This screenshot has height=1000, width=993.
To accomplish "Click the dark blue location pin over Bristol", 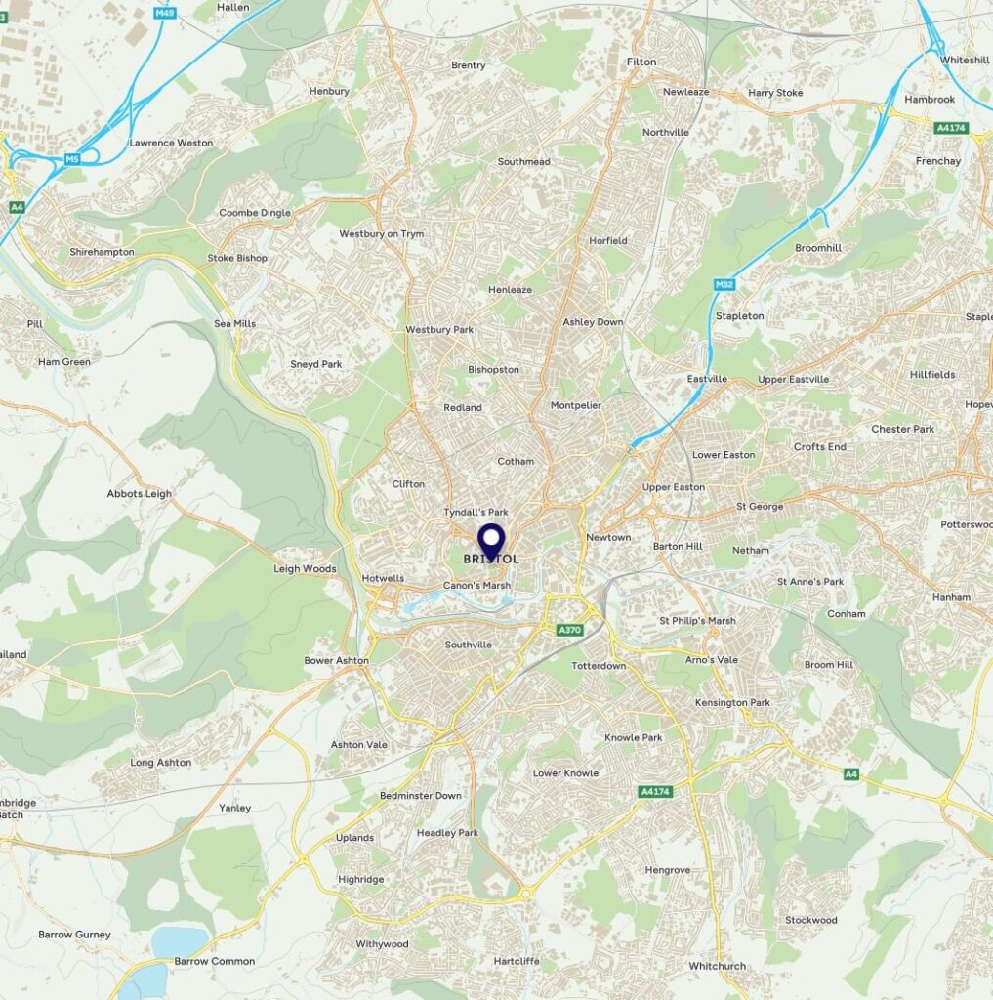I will (490, 540).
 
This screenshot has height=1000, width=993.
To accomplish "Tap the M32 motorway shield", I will (724, 284).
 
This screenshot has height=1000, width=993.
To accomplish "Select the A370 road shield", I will (570, 630).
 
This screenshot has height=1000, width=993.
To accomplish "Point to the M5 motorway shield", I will (72, 158).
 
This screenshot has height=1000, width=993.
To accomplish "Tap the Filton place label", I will (641, 62).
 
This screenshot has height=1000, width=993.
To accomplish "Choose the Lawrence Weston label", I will (171, 143).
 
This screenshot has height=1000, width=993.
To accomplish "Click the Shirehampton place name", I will (102, 252).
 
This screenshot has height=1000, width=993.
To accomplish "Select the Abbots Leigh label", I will (139, 494).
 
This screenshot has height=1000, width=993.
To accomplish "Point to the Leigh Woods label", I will (305, 569).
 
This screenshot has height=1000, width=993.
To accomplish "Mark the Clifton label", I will (408, 484).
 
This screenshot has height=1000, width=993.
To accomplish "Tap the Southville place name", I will (468, 645).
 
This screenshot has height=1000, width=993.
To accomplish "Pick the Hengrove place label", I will (668, 870).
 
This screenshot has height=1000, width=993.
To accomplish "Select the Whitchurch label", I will (717, 966).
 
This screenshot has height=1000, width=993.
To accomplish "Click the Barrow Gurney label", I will (74, 935).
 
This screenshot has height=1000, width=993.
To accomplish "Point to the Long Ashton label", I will (161, 763).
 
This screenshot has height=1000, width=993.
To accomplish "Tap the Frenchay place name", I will (938, 161).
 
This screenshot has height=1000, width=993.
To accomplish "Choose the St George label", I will (760, 507).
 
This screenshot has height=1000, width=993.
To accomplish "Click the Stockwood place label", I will (810, 920).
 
